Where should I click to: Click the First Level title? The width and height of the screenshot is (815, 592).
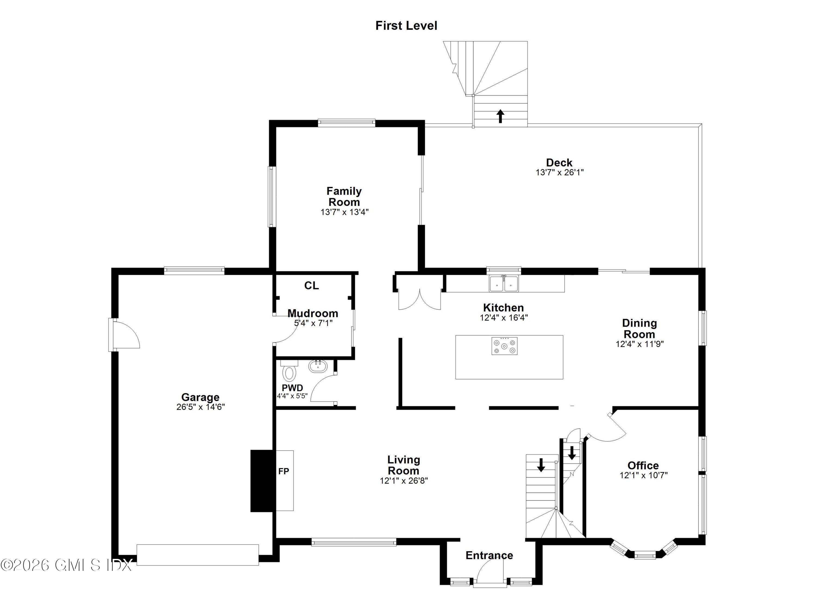(x=406, y=26)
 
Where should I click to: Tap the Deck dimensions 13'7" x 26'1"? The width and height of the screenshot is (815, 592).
(x=560, y=172)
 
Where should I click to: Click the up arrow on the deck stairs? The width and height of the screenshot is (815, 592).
(x=500, y=116)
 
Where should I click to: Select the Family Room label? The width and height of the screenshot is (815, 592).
(x=344, y=196)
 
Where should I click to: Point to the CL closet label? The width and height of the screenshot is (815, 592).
(x=311, y=285)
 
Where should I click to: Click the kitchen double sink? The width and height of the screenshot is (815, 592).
(x=504, y=284)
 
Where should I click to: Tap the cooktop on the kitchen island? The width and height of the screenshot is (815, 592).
(x=504, y=346)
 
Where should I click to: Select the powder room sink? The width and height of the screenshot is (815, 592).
(x=318, y=366)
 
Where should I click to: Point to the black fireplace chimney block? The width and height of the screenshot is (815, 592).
(x=262, y=481)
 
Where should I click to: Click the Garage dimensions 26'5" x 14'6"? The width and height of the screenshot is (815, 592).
(x=200, y=407)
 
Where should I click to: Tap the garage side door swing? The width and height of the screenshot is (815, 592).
(x=126, y=335)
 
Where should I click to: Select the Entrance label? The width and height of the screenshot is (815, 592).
(x=489, y=555)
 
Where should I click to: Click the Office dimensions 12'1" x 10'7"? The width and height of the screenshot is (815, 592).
(x=643, y=475)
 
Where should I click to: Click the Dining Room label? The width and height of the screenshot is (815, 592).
(x=639, y=328)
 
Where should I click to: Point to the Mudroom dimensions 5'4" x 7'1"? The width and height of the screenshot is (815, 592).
(x=313, y=323)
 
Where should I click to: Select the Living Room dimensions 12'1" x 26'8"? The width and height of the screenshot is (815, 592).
(x=403, y=481)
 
